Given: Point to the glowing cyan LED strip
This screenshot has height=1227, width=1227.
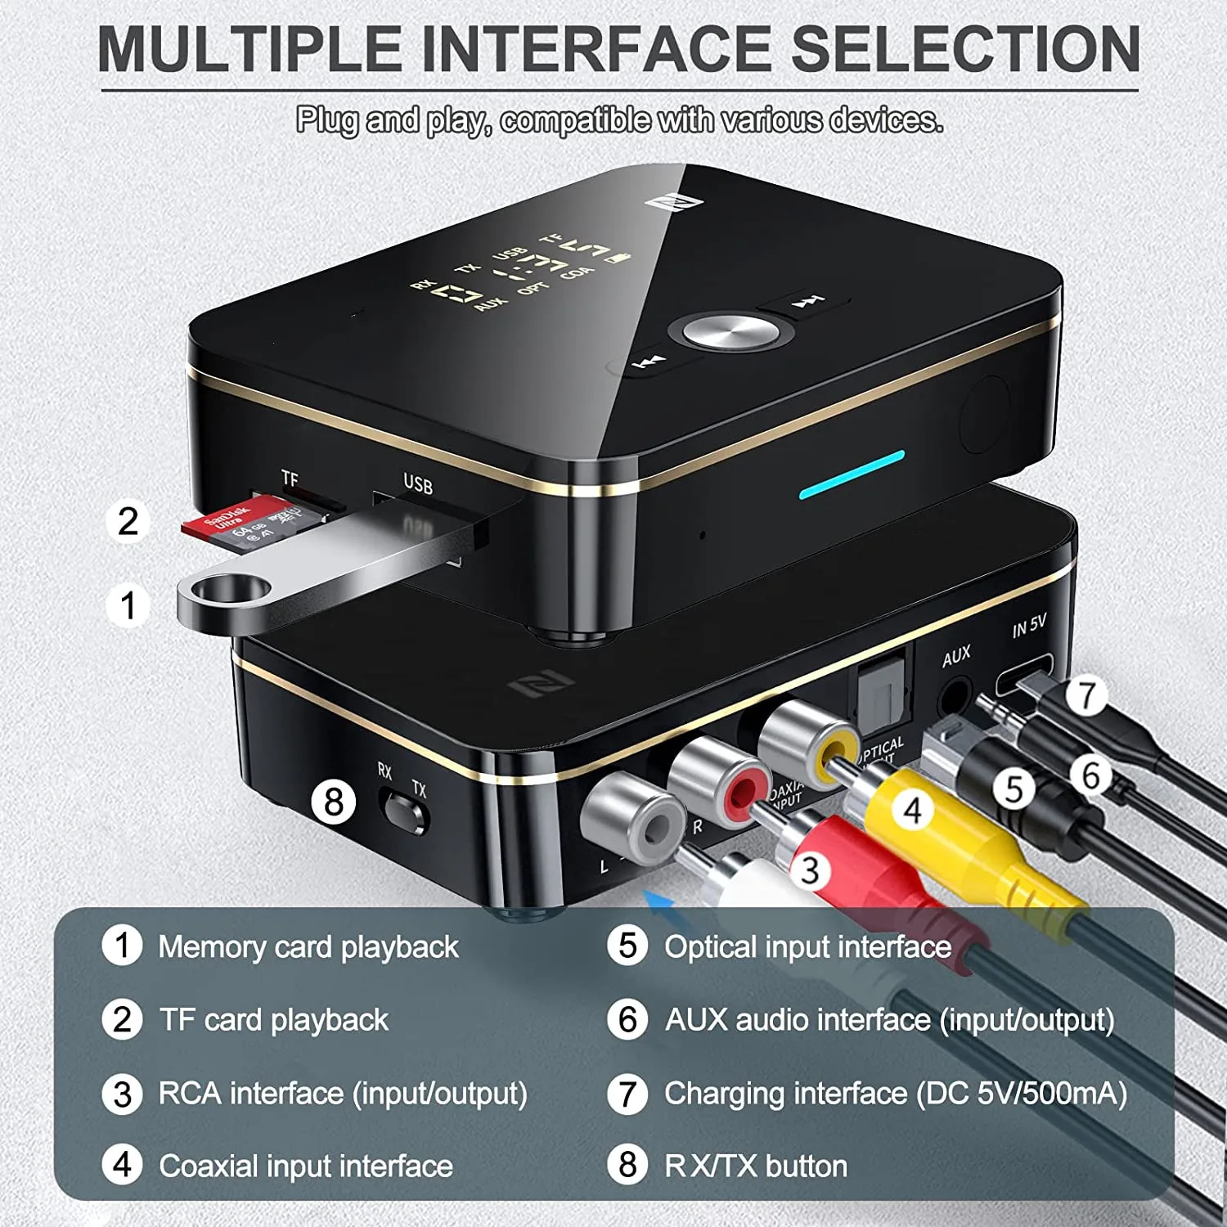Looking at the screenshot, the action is point(852,474).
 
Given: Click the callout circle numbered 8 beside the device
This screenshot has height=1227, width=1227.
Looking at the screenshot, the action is point(334,802).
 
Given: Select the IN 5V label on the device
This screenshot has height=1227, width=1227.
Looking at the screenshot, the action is point(1029,627).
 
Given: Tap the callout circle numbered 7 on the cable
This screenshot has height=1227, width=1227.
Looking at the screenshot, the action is point(1086,694).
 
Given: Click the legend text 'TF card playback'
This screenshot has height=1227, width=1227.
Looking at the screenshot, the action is point(274,1020).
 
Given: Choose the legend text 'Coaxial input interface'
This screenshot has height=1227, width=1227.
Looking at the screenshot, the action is point(306,1166).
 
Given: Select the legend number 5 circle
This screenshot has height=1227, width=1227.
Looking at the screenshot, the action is point(627,946).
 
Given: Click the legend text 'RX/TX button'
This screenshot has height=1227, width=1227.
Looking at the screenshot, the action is point(756,1166).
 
